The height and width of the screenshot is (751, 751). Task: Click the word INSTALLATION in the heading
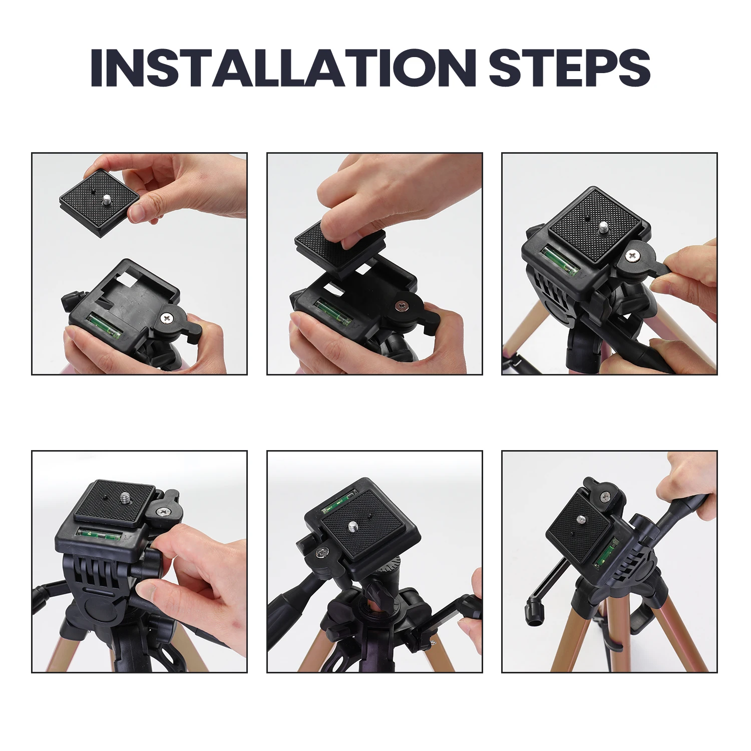[283, 68]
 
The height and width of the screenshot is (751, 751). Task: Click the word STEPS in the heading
[569, 68]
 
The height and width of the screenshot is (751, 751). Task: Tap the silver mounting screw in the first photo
[107, 200]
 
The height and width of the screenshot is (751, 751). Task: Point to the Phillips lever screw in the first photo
[167, 317]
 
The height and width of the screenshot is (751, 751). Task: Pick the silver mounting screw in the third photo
[603, 228]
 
